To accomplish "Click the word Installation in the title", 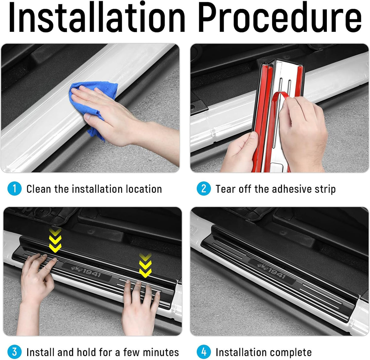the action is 97,17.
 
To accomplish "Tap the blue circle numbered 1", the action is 14,188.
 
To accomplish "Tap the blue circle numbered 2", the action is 203,188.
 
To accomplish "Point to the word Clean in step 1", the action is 39,189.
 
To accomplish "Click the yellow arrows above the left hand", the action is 55,240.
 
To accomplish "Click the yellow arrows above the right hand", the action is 145,265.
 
